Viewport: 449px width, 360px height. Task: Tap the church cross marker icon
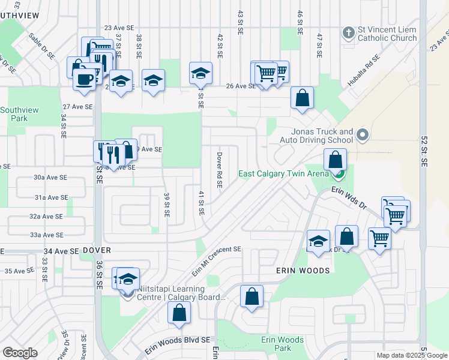[x=348, y=33]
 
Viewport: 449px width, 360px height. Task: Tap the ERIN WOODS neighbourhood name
[x=303, y=271]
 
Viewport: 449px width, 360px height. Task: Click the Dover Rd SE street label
[x=220, y=170]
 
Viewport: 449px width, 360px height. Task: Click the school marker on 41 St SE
[x=200, y=73]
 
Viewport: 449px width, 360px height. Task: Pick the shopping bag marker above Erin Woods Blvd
[x=179, y=313]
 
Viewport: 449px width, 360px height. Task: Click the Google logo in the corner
[x=20, y=353]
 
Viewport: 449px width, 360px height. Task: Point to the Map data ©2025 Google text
[x=411, y=355]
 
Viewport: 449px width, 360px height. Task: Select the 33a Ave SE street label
[x=47, y=235]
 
